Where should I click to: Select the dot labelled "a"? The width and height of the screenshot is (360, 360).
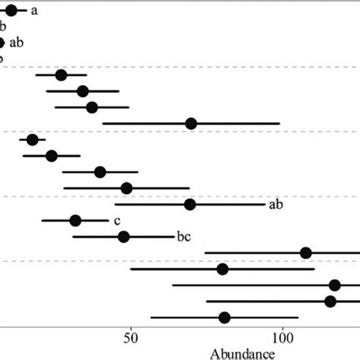pyautogui.click(x=11, y=11)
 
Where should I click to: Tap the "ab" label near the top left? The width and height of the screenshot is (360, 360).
pyautogui.click(x=17, y=43)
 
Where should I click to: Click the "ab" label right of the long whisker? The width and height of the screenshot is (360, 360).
pyautogui.click(x=276, y=204)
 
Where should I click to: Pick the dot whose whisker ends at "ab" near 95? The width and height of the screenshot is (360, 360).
pyautogui.click(x=190, y=204)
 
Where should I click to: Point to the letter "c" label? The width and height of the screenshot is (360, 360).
pyautogui.click(x=117, y=221)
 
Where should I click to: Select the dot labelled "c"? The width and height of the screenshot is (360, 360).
pyautogui.click(x=75, y=221)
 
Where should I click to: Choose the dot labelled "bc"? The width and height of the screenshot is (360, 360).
pyautogui.click(x=124, y=237)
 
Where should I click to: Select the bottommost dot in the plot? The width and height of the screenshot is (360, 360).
pyautogui.click(x=224, y=317)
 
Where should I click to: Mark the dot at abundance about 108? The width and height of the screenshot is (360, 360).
pyautogui.click(x=306, y=253)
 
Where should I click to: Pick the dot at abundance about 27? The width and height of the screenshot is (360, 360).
pyautogui.click(x=61, y=74)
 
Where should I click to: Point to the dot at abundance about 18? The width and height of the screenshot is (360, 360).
pyautogui.click(x=32, y=140)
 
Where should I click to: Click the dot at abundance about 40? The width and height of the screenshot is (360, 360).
pyautogui.click(x=100, y=172)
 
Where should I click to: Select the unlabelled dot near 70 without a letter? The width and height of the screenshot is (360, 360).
pyautogui.click(x=191, y=124)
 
